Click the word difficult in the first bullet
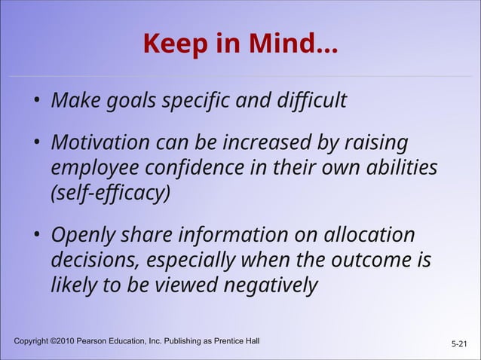pos(305,99)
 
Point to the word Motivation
pos(99,142)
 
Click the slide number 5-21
pos(458,344)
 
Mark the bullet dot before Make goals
pos(36,102)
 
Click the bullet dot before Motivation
pos(36,144)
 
